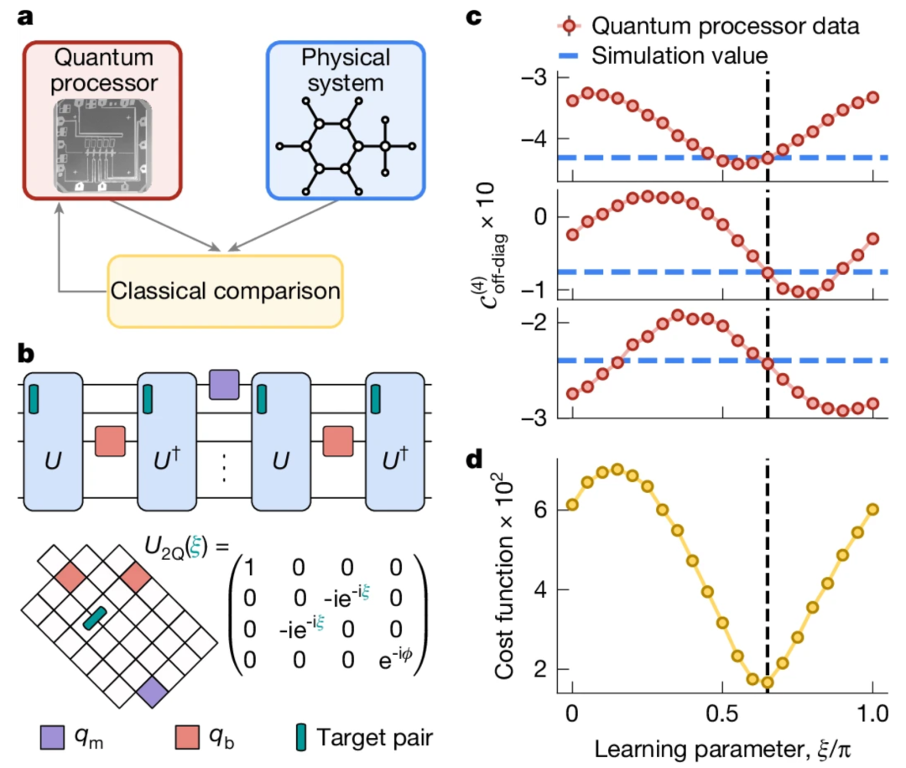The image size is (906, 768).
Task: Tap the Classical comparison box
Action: click(226, 291)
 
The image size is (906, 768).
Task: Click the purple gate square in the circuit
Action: click(224, 385)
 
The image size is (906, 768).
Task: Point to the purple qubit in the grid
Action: click(153, 694)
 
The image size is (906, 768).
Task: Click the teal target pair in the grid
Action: click(94, 619)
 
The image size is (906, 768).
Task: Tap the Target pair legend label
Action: click(377, 739)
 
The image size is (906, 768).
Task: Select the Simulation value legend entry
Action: click(680, 56)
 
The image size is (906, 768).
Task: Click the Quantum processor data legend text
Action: click(726, 26)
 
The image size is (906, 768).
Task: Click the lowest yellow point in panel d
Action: click(767, 682)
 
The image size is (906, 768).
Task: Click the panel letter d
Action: click(473, 461)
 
